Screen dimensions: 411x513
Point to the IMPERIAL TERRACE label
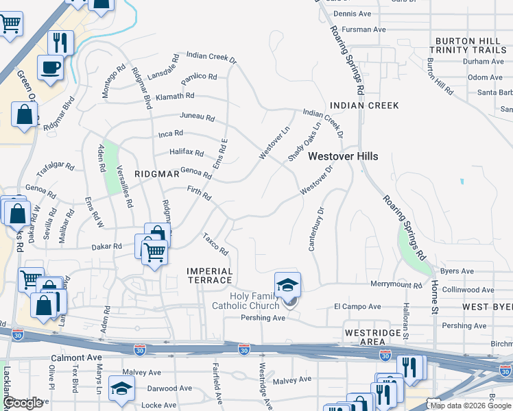pyautogui.click(x=210, y=276)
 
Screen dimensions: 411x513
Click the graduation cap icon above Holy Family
pyautogui.click(x=288, y=284)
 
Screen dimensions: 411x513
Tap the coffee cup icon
pyautogui.click(x=51, y=68)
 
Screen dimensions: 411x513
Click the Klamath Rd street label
pyautogui.click(x=175, y=97)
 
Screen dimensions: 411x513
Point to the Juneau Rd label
pyautogui.click(x=198, y=117)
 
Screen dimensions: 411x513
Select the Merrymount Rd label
pyautogui.click(x=396, y=284)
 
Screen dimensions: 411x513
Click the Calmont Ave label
pyautogui.click(x=76, y=358)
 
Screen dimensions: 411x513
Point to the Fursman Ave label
pyautogui.click(x=364, y=29)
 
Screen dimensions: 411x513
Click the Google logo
pyautogui.click(x=22, y=403)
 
